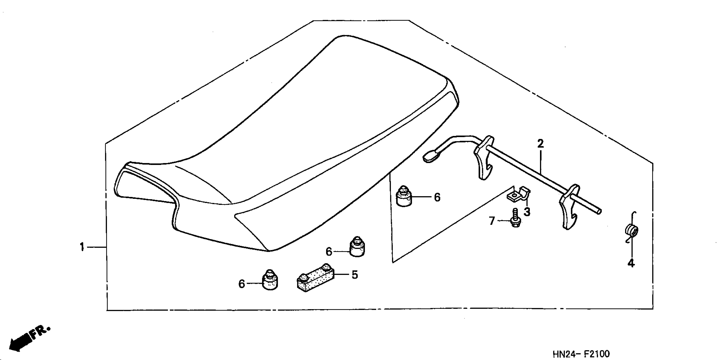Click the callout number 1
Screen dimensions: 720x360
point(82,247)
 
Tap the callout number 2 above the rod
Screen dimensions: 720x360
point(541,144)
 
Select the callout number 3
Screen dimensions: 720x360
point(527,212)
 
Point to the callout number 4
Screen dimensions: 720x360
point(631,263)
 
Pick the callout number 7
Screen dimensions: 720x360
point(492,221)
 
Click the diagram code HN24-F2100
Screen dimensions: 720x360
point(581,354)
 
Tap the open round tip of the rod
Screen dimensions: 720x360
point(599,212)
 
